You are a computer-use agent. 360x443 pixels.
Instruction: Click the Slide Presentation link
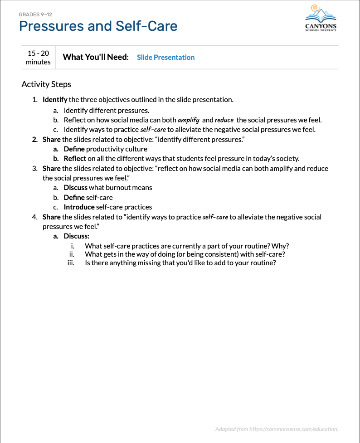pos(165,58)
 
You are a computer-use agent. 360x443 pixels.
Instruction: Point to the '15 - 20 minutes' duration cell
pos(38,58)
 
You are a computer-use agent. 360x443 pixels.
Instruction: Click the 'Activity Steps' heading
pos(46,84)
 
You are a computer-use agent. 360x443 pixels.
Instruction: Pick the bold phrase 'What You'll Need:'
pos(96,57)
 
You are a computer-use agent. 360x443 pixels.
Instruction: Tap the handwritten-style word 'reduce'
pos(224,120)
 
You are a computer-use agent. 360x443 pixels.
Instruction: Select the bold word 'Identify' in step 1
pos(55,99)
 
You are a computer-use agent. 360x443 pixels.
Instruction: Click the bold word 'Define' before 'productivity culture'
pos(74,149)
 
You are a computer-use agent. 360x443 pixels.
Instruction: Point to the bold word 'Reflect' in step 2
pos(75,159)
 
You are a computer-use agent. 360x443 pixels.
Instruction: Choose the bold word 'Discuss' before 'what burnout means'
pos(75,188)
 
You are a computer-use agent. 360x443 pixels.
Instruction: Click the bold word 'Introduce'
pos(79,207)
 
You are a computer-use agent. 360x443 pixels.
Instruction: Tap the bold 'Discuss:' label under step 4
pos(76,236)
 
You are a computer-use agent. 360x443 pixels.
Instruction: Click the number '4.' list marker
pos(35,217)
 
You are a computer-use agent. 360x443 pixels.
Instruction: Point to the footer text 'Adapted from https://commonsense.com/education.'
pos(277,429)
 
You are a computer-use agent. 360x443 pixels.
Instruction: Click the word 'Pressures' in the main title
pos(51,26)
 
